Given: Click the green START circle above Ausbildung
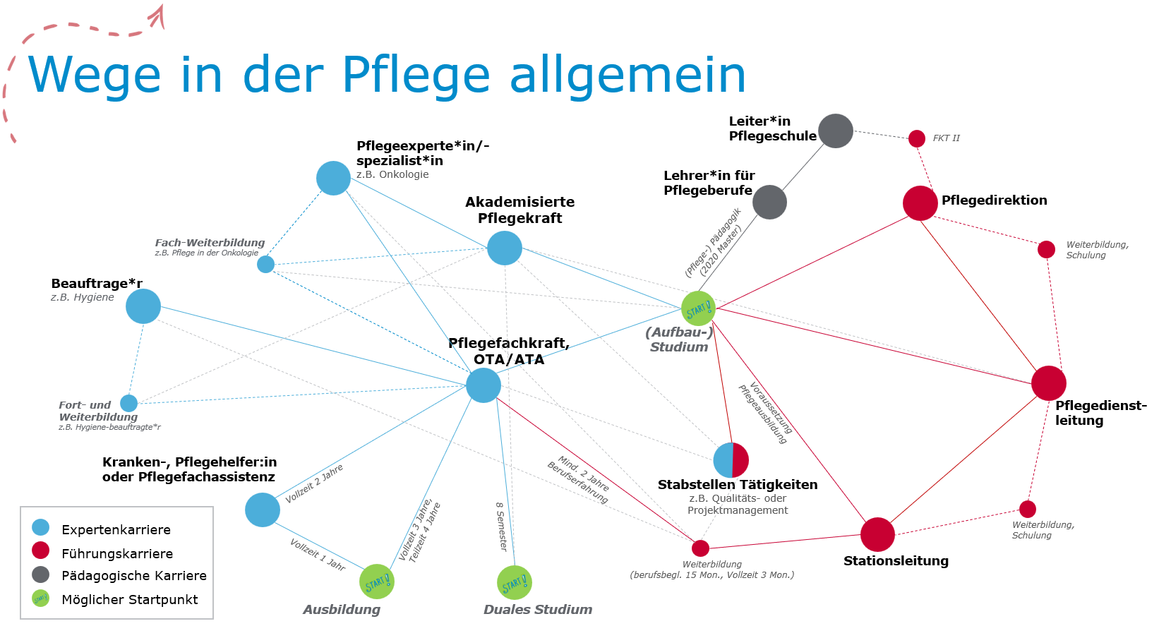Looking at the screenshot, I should pos(377,582).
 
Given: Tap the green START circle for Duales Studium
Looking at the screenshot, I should pos(515,583).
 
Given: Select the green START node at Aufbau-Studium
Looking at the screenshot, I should pos(698,308).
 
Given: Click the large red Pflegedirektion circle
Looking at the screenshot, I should pos(920,203).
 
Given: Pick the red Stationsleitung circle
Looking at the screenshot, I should pos(878,534).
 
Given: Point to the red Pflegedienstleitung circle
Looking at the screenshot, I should pos(1049,383).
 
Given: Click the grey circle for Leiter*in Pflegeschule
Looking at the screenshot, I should pos(836,131).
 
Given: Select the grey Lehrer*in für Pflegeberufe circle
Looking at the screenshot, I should pos(769,203).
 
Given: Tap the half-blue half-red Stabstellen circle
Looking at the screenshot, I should pos(731,460).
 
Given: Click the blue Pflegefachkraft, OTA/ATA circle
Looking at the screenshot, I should pos(484,385).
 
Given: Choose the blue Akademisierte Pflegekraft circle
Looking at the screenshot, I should pos(505,248).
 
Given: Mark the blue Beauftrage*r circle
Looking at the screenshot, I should pos(143,306).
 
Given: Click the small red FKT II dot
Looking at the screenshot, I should pos(917,138).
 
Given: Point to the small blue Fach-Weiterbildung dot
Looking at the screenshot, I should pos(265,264).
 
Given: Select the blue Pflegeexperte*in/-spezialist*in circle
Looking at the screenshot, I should pos(334,178).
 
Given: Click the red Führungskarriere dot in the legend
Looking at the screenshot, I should pos(41,550).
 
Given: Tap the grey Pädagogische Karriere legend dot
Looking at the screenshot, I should pos(41,574).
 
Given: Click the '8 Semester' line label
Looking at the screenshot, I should pos(501,526).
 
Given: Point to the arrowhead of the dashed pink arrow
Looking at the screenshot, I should pos(159,14).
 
